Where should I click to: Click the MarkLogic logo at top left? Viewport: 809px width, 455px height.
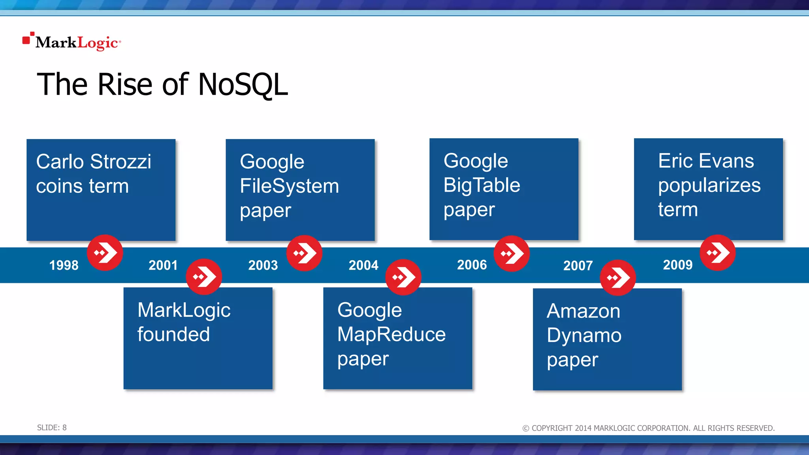[x=72, y=42]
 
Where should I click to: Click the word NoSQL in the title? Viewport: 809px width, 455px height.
[x=243, y=85]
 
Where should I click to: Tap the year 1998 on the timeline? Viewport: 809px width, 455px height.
[x=64, y=265]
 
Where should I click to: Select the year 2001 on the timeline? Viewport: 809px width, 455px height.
[x=163, y=265]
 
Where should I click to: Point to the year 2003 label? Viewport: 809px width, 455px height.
[x=263, y=265]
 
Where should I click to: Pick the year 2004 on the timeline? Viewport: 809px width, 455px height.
[x=363, y=265]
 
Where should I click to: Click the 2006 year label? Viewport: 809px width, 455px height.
[x=472, y=265]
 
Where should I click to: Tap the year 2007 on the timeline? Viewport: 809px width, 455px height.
[x=578, y=265]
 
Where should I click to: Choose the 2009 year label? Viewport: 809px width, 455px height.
[x=677, y=265]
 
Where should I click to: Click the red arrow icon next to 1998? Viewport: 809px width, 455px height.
[x=105, y=253]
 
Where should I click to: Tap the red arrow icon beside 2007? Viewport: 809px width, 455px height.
[x=617, y=277]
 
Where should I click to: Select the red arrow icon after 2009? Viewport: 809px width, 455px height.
[x=717, y=253]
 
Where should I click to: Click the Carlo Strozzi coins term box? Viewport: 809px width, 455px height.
[x=101, y=190]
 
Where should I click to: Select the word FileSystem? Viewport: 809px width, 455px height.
[x=289, y=186]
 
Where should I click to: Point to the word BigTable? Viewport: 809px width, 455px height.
[x=482, y=185]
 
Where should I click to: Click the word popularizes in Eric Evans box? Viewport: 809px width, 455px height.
[x=709, y=185]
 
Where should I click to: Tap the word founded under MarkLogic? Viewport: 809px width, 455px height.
[x=173, y=335]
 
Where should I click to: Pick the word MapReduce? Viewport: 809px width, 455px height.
[x=391, y=335]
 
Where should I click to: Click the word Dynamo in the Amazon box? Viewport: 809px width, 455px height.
[x=584, y=335]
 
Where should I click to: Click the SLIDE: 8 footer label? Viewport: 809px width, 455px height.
[x=52, y=427]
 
